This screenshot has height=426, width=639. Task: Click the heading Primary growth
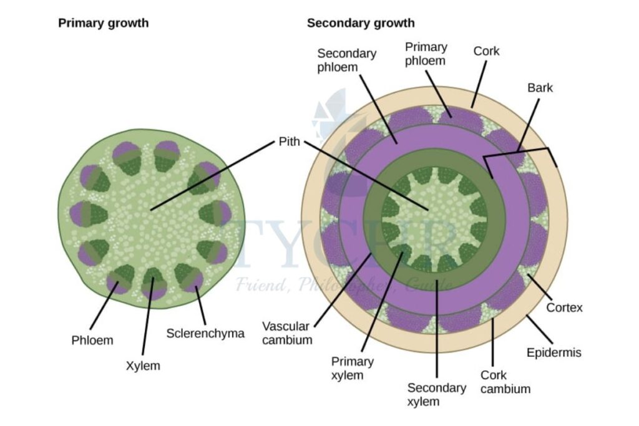[x=103, y=24]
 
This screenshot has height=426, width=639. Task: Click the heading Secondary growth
[x=360, y=24]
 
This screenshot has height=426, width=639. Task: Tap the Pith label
[x=288, y=142]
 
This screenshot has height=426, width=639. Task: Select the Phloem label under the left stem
[x=92, y=341]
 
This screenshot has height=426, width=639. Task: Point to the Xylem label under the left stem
[x=142, y=366]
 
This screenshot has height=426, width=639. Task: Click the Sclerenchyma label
[x=205, y=333]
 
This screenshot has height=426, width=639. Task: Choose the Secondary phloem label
[x=346, y=61]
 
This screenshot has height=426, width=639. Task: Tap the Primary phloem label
[x=426, y=54]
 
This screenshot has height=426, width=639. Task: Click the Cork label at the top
[x=486, y=51]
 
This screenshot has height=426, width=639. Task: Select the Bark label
[x=539, y=88]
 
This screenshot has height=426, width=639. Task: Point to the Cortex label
[x=564, y=307]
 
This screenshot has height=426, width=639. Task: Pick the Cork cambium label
[x=505, y=382]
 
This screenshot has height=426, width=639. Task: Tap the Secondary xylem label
[x=436, y=394]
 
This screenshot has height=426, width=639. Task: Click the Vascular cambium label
[x=287, y=333]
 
